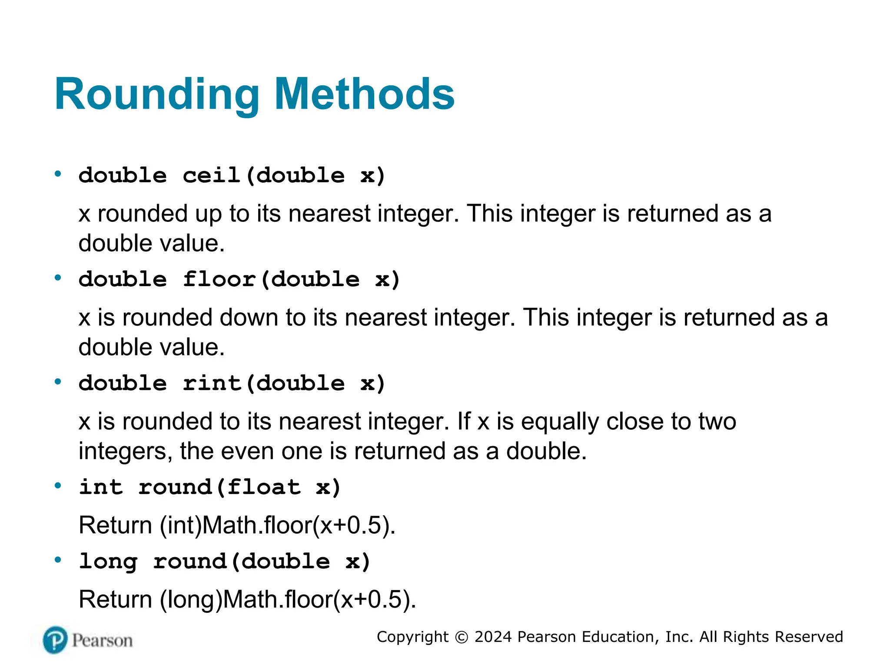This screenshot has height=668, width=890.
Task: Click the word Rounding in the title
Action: click(157, 95)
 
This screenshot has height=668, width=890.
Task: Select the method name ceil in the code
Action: click(212, 175)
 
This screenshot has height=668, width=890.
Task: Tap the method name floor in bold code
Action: click(219, 279)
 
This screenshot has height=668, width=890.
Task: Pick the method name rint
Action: click(212, 383)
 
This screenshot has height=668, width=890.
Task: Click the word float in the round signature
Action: click(264, 487)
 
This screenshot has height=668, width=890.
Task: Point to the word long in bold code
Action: click(108, 561)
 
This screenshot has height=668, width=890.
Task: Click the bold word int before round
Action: click(101, 487)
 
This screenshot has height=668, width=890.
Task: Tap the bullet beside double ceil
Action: click(58, 174)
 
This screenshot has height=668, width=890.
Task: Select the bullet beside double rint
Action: click(58, 382)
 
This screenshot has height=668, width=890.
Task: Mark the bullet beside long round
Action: click(58, 560)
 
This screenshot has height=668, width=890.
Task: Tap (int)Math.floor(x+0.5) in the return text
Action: click(277, 525)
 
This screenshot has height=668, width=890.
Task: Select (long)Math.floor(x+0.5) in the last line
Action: click(288, 600)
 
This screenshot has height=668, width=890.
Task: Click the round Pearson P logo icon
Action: click(55, 640)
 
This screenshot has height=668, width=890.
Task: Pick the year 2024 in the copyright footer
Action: click(493, 637)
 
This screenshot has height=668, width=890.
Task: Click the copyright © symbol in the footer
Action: click(461, 637)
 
